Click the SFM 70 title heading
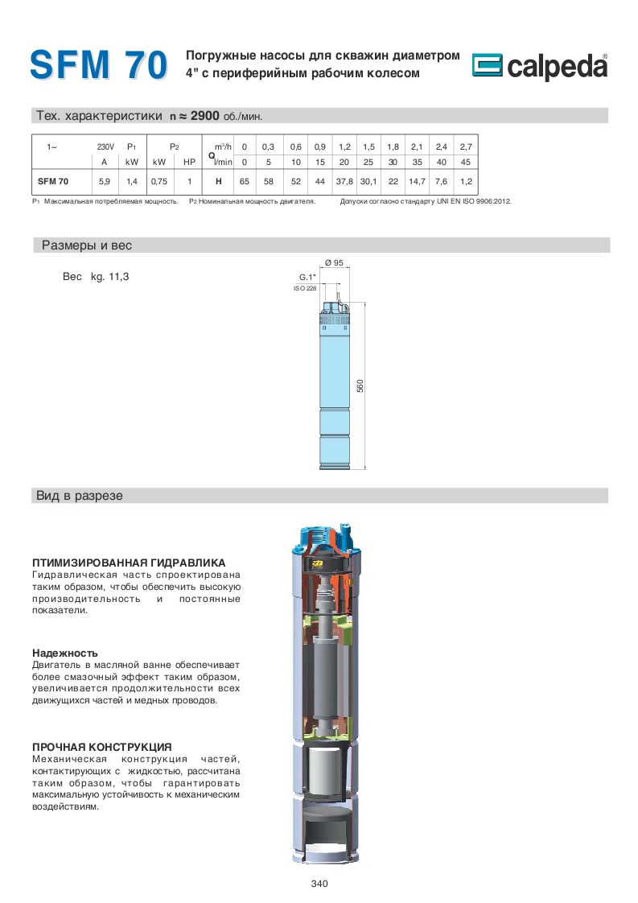point(98,64)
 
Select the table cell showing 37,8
point(344,182)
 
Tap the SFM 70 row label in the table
point(53,182)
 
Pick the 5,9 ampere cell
point(105,182)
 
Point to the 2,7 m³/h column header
point(465,146)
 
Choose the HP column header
point(189,162)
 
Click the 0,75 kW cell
point(158,182)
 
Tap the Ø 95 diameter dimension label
point(333,263)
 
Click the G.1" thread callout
point(307,277)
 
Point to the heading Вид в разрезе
point(80,496)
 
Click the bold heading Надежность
point(65,653)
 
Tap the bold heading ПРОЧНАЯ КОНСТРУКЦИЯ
point(102,747)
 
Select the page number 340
point(319,884)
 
